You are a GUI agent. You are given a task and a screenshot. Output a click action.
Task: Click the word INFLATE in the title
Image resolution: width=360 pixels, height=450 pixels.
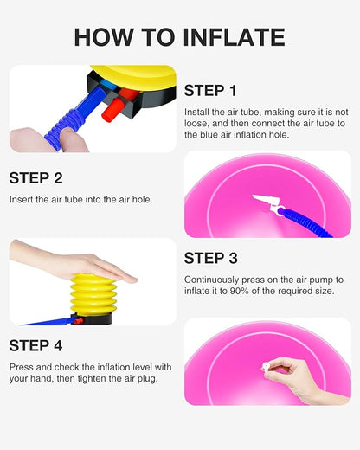(x=234, y=37)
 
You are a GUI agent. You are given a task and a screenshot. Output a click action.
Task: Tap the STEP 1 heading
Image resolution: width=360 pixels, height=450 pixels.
(x=210, y=91)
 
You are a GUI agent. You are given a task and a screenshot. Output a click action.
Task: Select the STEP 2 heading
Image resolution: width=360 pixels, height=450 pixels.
(x=35, y=178)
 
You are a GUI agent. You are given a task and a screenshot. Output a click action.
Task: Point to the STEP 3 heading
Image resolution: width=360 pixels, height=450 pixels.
(x=211, y=258)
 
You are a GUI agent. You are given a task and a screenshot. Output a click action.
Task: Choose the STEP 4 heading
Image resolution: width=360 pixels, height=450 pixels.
(x=35, y=345)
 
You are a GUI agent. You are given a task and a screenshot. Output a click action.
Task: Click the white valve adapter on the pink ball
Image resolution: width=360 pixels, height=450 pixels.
(x=267, y=202)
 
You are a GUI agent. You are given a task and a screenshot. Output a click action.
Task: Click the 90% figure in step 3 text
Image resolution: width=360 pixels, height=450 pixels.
(x=239, y=291)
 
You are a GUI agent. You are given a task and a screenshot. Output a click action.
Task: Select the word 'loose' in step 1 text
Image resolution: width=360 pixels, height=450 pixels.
(x=197, y=124)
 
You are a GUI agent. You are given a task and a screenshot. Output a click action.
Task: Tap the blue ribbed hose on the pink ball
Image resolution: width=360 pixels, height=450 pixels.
(x=306, y=223)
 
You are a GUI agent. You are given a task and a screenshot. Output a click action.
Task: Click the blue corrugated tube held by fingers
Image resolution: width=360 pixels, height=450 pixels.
(x=76, y=118)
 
